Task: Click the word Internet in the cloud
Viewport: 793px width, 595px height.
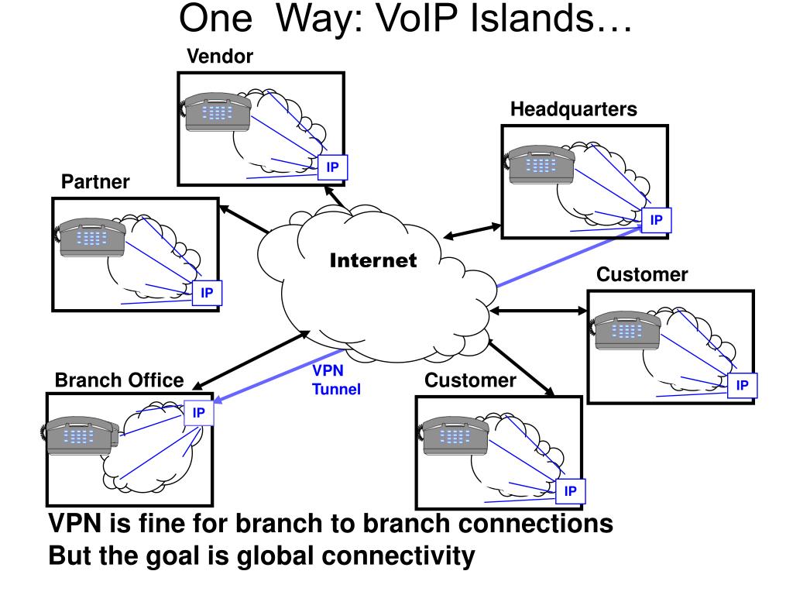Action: [373, 260]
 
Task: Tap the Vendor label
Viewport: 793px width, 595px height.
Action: [220, 56]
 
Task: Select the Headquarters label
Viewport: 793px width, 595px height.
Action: [574, 109]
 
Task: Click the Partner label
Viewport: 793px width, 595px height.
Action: [95, 181]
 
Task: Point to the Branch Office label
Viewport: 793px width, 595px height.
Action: [119, 380]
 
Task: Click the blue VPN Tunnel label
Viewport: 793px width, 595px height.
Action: [336, 380]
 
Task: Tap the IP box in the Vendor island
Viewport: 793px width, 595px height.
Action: [332, 167]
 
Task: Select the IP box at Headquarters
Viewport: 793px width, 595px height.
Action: [656, 220]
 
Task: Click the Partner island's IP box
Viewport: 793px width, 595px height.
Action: [206, 293]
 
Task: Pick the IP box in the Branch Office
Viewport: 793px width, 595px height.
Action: [199, 413]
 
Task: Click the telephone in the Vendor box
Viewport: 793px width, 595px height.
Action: [217, 112]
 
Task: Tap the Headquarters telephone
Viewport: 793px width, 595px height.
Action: [540, 164]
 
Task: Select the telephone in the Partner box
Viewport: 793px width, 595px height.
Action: [91, 237]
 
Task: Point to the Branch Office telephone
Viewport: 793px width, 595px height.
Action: [80, 435]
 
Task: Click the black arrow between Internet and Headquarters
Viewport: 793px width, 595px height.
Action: [472, 231]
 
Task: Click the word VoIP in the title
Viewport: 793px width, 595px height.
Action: [416, 19]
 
